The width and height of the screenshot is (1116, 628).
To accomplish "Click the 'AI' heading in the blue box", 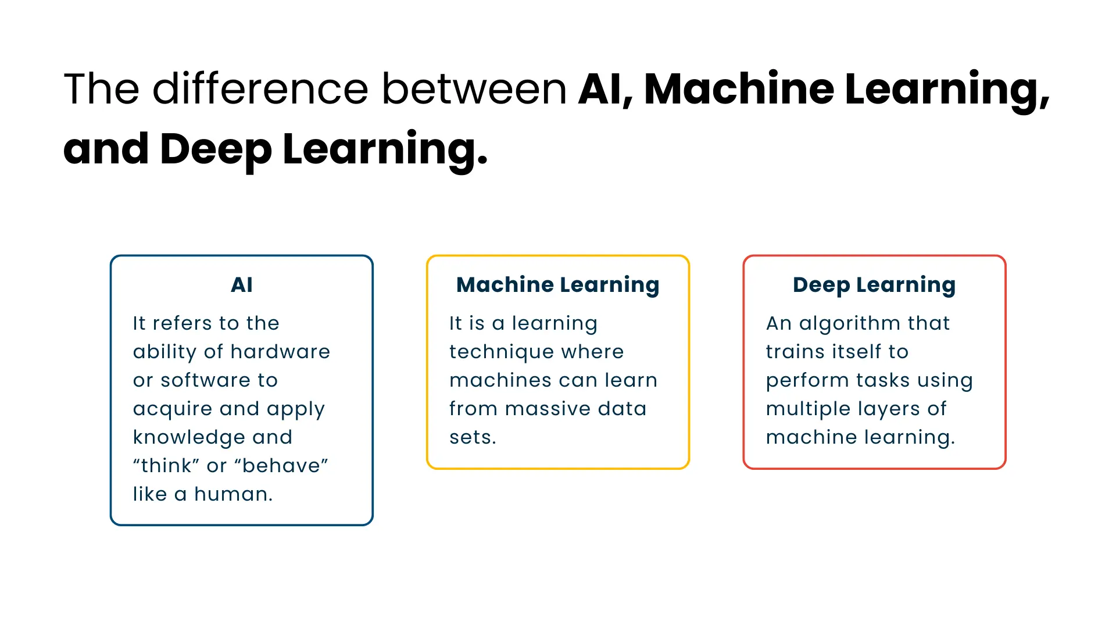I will coord(241,285).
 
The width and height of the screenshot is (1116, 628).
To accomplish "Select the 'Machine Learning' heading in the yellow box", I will coord(557,285).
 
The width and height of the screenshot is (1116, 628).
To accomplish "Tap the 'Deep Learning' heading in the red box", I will coord(874,285).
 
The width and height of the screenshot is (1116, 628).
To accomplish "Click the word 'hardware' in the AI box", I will coord(280,352).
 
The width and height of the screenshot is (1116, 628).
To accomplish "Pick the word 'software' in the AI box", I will coord(205,380).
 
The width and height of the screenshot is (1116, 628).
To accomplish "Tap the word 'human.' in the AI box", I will coord(233,494).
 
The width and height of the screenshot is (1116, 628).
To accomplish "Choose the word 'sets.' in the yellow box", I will coord(473,437).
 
